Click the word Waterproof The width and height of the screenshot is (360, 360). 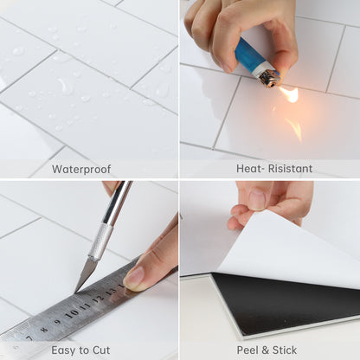click(81, 169)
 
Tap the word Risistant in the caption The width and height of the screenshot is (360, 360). click(290, 169)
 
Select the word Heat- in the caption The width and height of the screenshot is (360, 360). click(250, 169)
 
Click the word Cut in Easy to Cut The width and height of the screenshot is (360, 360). click(101, 350)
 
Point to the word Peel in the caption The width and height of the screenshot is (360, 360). click(247, 350)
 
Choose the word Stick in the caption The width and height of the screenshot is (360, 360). click(285, 350)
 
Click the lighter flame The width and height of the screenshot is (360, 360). click(289, 94)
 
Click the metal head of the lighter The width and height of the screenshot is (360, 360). click(267, 78)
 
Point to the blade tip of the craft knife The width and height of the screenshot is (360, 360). click(75, 292)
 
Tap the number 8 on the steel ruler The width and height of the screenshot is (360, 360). click(44, 329)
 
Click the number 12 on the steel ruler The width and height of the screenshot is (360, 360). click(98, 299)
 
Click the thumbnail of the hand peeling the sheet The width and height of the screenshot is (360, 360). click(257, 200)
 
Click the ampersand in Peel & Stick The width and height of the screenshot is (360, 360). click(265, 350)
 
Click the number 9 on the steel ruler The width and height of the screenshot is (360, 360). click(58, 321)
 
